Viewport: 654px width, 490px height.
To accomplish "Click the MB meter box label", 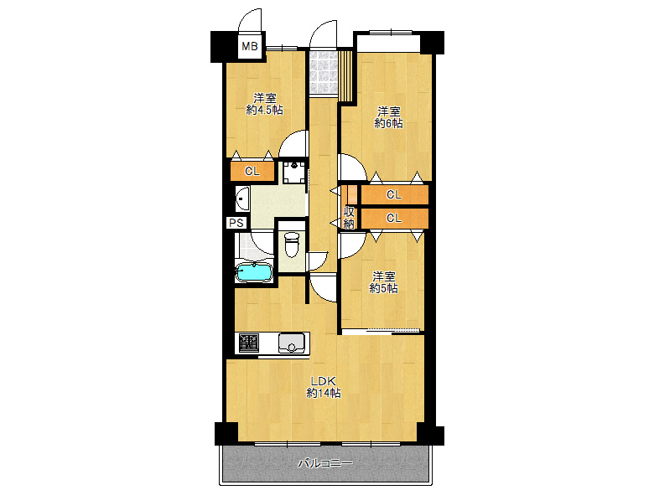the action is [x=250, y=46].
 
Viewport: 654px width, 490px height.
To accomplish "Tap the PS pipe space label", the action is [x=236, y=223].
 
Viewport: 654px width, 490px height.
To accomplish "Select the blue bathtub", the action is [x=253, y=273].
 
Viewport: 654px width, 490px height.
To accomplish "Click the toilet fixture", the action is [x=292, y=245].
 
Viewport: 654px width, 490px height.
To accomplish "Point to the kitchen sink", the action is [x=292, y=343].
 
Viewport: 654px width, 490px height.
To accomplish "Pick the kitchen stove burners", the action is [x=248, y=343].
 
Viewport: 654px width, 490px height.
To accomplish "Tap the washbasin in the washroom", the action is [x=242, y=199].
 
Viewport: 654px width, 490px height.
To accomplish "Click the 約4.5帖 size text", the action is [x=264, y=110].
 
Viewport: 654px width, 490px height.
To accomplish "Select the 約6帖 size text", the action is [x=388, y=123].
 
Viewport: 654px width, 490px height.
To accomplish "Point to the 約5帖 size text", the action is [x=383, y=288].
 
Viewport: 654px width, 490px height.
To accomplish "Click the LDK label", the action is [x=324, y=381].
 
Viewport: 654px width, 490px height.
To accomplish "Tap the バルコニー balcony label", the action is [x=325, y=463].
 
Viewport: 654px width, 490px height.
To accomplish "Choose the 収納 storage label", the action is [x=349, y=218].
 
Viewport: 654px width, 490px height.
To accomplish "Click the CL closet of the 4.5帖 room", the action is [x=252, y=171].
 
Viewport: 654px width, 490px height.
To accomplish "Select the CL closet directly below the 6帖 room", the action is [x=394, y=194].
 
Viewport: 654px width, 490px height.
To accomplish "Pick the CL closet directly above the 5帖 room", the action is [x=394, y=218].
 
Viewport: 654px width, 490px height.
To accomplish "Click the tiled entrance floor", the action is [x=324, y=73].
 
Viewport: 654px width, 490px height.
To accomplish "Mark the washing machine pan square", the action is [x=295, y=172].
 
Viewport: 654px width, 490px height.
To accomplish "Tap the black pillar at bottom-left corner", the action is [x=226, y=433].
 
